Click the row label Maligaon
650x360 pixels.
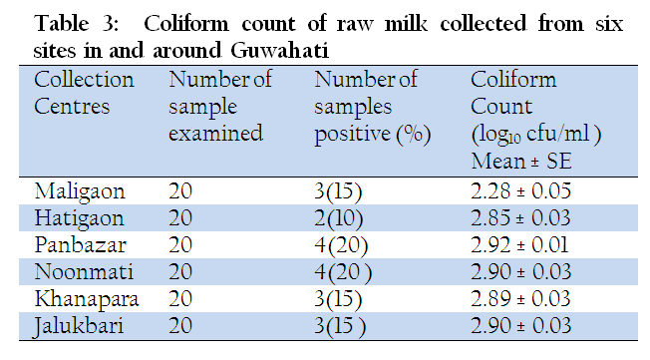[80, 192]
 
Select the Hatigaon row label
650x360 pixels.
[79, 218]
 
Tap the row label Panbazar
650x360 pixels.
[81, 244]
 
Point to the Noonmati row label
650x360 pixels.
[84, 272]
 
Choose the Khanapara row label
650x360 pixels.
[86, 299]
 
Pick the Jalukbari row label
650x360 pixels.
[79, 326]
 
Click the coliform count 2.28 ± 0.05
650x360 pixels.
[520, 191]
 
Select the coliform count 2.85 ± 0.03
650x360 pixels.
[520, 218]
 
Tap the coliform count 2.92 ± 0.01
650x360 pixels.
[519, 244]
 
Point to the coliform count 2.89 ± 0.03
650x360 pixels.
[520, 298]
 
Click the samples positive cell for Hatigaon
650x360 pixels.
[339, 218]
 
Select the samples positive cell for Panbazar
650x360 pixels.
[341, 245]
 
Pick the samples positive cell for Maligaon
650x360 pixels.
[338, 192]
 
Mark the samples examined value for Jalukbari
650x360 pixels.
[180, 325]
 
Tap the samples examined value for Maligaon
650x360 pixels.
[180, 191]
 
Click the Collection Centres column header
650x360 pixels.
[84, 93]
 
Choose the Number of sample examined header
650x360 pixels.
[220, 106]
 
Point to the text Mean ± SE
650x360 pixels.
[521, 161]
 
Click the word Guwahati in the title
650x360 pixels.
[280, 51]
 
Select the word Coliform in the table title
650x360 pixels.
[186, 23]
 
